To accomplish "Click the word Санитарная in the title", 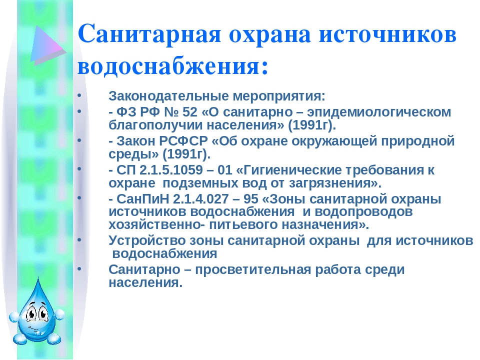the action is (x=149, y=33).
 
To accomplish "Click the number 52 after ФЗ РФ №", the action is (x=190, y=112).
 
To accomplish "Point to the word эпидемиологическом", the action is (x=379, y=112).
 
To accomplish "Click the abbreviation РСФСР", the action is (x=183, y=141).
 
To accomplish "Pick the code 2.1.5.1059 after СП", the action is (x=171, y=170).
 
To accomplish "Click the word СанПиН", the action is (x=142, y=199).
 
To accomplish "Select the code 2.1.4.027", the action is (x=200, y=199).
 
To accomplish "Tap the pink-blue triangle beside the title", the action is (x=48, y=45).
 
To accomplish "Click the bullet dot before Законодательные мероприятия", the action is (x=79, y=95).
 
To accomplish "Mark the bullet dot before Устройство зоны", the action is (x=79, y=239).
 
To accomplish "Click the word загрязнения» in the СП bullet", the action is (x=335, y=183).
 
